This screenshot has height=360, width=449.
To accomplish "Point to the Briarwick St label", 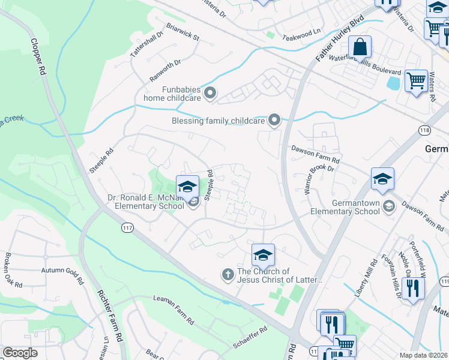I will click(x=183, y=32).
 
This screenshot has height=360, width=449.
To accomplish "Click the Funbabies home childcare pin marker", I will click(x=210, y=92).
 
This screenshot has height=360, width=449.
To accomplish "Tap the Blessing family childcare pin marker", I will click(x=274, y=121).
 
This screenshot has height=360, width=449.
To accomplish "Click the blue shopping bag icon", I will click(x=360, y=46).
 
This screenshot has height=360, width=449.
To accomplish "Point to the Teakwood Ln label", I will click(x=303, y=32).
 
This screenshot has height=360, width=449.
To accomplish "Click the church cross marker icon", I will click(x=228, y=275).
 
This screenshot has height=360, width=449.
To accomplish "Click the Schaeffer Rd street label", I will click(x=251, y=338).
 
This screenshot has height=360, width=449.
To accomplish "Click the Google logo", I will click(x=20, y=353).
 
